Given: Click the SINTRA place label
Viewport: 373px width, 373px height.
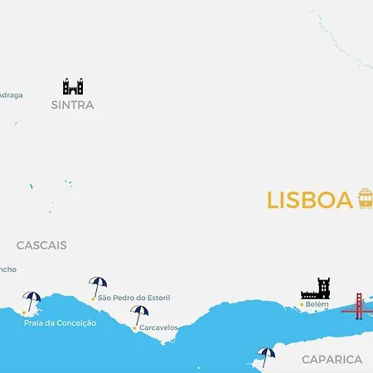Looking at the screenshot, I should pyautogui.click(x=72, y=105).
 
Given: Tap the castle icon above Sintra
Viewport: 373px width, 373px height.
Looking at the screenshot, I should pyautogui.click(x=73, y=86).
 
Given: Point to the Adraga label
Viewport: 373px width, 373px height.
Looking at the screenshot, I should pyautogui.click(x=11, y=94).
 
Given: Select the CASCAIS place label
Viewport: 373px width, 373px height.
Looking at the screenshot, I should pyautogui.click(x=41, y=245).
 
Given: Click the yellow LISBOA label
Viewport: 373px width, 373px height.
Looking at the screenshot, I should pyautogui.click(x=310, y=201).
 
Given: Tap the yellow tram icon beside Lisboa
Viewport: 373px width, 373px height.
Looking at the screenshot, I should pyautogui.click(x=365, y=199).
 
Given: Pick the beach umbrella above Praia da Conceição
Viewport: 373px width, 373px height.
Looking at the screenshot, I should pyautogui.click(x=32, y=301).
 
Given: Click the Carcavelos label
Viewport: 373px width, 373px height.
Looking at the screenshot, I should pyautogui.click(x=158, y=327).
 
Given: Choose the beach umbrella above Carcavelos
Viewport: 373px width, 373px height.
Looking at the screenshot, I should pyautogui.click(x=139, y=315).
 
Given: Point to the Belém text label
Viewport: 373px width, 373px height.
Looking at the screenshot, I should pyautogui.click(x=317, y=304).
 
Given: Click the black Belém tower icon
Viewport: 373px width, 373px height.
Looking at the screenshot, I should pyautogui.click(x=316, y=288).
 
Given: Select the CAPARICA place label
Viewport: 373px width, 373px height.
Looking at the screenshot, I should pyautogui.click(x=332, y=360).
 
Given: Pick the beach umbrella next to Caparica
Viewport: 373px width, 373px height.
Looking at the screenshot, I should pyautogui.click(x=266, y=356).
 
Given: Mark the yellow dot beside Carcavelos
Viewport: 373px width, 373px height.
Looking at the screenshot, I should pyautogui.click(x=134, y=328).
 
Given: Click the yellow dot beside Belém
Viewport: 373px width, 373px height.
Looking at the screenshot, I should pyautogui.click(x=302, y=305).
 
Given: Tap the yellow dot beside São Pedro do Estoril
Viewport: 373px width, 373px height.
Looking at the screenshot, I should pyautogui.click(x=93, y=298).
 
